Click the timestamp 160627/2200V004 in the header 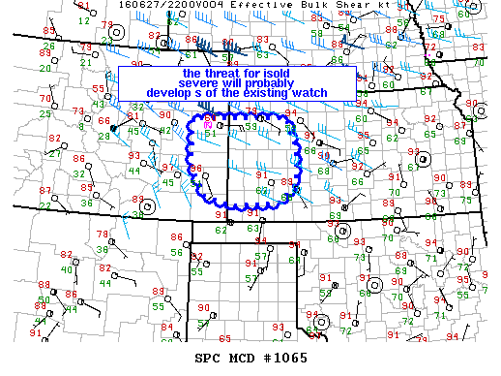point(155,5)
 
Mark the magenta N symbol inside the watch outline point(207,123)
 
